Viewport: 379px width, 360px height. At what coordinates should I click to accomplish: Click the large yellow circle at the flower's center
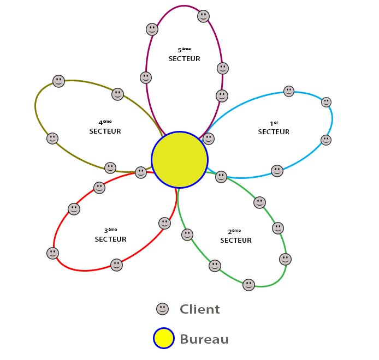tap(180, 160)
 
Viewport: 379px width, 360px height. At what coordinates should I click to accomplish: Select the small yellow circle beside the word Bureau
tap(164, 338)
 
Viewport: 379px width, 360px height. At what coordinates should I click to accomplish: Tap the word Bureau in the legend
tap(204, 339)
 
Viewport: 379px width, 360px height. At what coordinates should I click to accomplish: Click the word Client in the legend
tap(200, 309)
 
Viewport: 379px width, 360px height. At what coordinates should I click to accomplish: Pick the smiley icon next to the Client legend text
tap(162, 309)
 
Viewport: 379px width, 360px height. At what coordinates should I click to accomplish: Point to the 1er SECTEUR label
tap(274, 128)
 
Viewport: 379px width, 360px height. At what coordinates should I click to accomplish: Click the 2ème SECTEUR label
tap(236, 237)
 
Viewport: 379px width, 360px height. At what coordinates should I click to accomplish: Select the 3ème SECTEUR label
tap(110, 236)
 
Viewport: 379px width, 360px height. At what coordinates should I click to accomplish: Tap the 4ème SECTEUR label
tap(105, 128)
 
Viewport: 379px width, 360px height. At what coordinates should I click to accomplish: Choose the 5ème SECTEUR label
tap(184, 55)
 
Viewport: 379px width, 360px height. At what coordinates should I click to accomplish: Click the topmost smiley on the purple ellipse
tap(203, 16)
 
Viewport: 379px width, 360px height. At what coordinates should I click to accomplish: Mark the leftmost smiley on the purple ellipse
tap(146, 77)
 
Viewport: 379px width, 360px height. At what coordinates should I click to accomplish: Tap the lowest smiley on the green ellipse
tap(248, 285)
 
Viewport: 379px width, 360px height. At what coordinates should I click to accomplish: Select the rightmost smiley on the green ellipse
tap(285, 259)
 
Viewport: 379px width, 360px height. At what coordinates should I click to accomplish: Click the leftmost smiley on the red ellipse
tap(52, 253)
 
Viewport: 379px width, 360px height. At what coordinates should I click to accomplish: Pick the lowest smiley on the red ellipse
tap(116, 265)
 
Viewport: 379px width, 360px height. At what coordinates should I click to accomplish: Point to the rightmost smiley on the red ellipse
tap(164, 223)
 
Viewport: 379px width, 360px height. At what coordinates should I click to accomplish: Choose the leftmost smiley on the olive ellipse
tap(52, 139)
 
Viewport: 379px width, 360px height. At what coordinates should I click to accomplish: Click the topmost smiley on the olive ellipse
tap(58, 81)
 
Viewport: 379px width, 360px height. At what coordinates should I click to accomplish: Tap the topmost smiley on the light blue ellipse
tap(289, 91)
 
